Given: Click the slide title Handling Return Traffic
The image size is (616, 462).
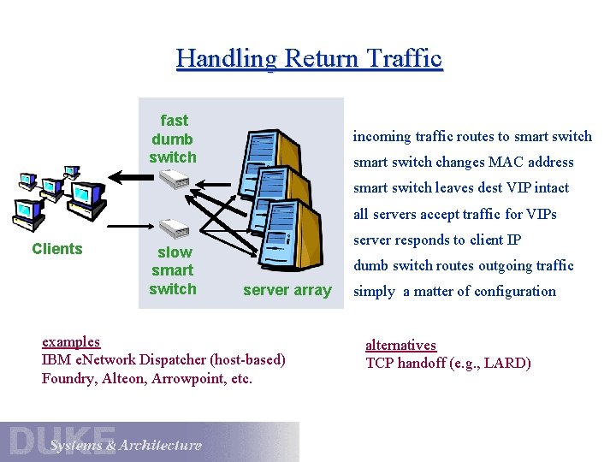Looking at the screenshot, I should (x=309, y=58).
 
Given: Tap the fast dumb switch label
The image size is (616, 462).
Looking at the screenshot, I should (x=173, y=139).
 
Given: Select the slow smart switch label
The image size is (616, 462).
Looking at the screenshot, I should (x=173, y=270).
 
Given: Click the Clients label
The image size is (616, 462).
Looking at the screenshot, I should (x=57, y=249).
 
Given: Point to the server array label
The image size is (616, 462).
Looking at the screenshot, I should (x=287, y=290).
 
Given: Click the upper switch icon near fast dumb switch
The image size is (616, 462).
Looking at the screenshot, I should (x=174, y=178).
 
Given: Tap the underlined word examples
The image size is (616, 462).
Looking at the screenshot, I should (x=71, y=341).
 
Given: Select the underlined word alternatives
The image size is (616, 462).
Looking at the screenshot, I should (x=400, y=345).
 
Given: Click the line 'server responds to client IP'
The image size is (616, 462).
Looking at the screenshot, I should (x=437, y=240).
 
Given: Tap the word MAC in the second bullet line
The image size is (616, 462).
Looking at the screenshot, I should (x=506, y=162).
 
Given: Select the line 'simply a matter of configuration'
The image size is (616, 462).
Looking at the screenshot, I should (x=454, y=291).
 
